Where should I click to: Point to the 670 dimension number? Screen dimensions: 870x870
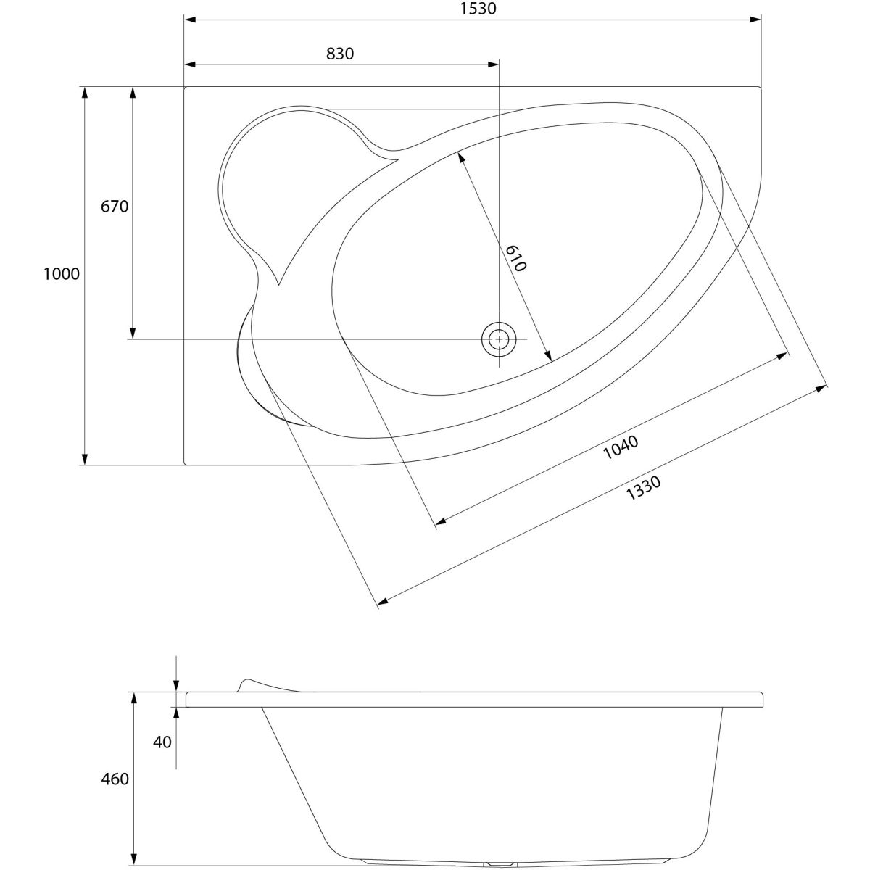tap(115, 207)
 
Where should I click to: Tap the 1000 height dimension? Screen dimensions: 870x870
tap(61, 274)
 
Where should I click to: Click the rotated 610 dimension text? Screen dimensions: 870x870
tap(515, 258)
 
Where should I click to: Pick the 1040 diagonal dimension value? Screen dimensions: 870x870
tap(621, 447)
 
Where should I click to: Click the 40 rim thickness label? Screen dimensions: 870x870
tap(163, 742)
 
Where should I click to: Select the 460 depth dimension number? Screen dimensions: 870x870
tap(115, 779)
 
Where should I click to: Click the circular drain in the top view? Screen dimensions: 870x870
tap(499, 339)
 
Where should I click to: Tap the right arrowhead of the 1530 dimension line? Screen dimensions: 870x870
tap(755, 20)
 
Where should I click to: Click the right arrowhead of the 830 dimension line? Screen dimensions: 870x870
tap(494, 65)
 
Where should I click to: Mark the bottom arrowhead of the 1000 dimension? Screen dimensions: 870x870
tap(85, 458)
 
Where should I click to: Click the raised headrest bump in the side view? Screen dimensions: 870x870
tap(250, 684)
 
